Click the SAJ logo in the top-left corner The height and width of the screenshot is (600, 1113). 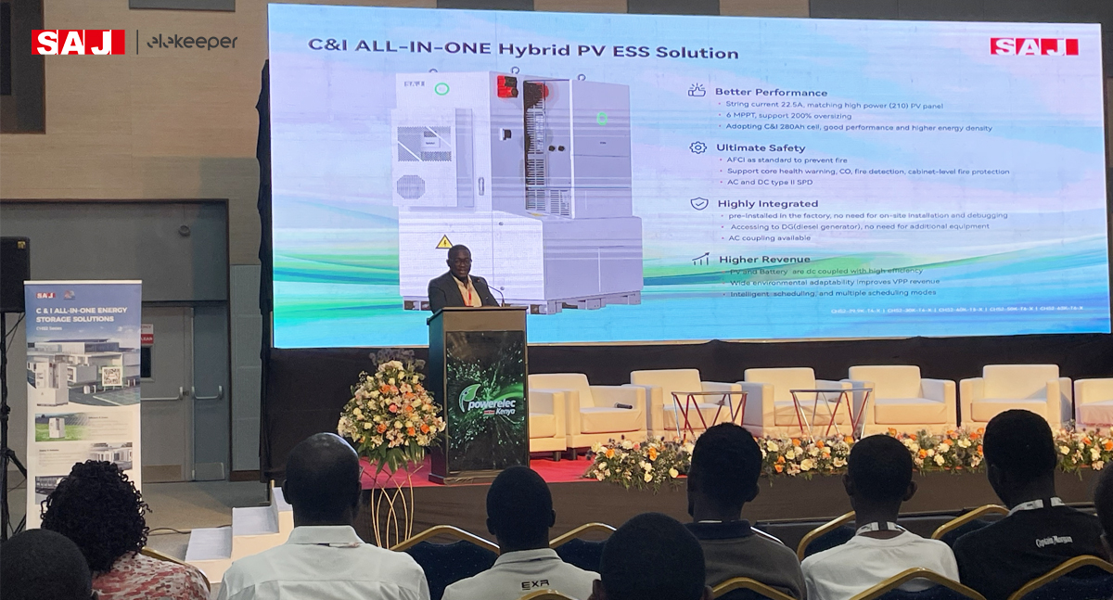pyautogui.click(x=78, y=42)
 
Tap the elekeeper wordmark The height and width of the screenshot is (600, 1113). pyautogui.click(x=192, y=42)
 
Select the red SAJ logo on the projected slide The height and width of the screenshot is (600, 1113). pyautogui.click(x=1033, y=46)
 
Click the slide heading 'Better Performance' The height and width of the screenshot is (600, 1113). pyautogui.click(x=771, y=92)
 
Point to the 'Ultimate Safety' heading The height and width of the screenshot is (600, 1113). pyautogui.click(x=761, y=147)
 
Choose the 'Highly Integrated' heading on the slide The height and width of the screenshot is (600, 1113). pyautogui.click(x=767, y=203)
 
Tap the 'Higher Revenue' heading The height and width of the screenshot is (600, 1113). pyautogui.click(x=763, y=260)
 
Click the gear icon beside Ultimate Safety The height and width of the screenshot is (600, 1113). pyautogui.click(x=697, y=147)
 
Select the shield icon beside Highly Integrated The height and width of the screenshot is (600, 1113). pyautogui.click(x=699, y=203)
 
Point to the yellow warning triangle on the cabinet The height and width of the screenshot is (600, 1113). pyautogui.click(x=444, y=242)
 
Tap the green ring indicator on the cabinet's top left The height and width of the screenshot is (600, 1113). pyautogui.click(x=441, y=89)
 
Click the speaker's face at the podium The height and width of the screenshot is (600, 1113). pyautogui.click(x=458, y=262)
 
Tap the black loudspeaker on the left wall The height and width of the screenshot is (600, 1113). pyautogui.click(x=14, y=274)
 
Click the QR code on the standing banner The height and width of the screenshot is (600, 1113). pyautogui.click(x=111, y=376)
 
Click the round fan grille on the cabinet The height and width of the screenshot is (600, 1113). pyautogui.click(x=410, y=186)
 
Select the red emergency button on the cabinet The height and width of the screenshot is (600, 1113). pyautogui.click(x=506, y=86)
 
